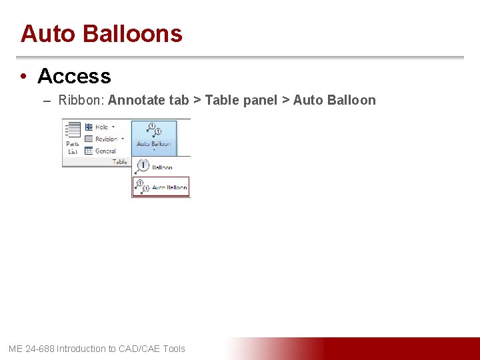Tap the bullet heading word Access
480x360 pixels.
[74, 76]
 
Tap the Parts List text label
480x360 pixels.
[73, 147]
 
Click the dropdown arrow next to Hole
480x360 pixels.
[113, 127]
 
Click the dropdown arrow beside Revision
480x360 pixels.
[123, 139]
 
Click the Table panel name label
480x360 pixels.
[119, 161]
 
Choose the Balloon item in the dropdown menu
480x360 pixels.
[161, 167]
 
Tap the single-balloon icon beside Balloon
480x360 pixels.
[142, 167]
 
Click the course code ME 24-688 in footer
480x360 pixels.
[31, 349]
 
